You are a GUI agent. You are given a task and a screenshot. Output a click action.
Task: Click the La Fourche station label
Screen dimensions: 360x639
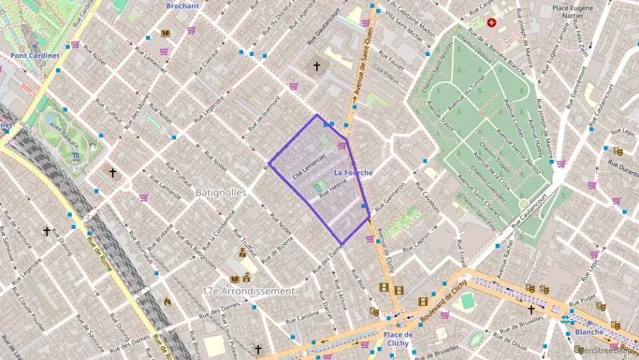click(x=354, y=173)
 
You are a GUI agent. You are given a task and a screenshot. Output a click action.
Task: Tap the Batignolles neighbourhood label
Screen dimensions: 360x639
click(x=221, y=193)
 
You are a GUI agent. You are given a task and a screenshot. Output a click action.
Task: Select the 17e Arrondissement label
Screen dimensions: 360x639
click(x=248, y=290)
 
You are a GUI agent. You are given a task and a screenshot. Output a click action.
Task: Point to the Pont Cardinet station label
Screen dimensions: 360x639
click(x=35, y=55)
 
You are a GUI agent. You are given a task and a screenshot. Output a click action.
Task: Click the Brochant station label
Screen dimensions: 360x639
click(x=183, y=6)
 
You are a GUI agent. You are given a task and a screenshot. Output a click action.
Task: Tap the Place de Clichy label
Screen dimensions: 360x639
click(x=397, y=339)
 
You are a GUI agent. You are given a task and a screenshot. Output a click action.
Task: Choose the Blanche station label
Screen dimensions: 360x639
click(x=589, y=332)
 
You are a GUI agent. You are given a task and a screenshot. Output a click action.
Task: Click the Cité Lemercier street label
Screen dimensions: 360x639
click(x=308, y=166)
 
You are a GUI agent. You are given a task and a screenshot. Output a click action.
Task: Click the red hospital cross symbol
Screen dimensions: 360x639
click(x=491, y=23)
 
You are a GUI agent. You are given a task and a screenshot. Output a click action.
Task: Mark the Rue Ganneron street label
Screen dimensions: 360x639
click(x=390, y=194)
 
